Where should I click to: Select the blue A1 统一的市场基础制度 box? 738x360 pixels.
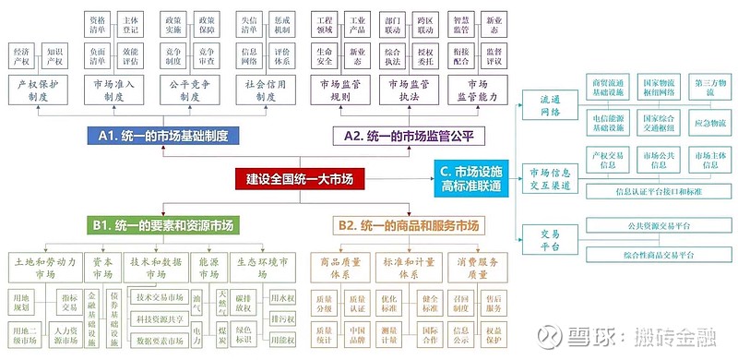point(165,136)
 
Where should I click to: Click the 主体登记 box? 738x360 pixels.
point(130,24)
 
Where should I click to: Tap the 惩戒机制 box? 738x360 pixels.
point(281,24)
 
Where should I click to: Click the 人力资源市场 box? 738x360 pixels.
point(67,334)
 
